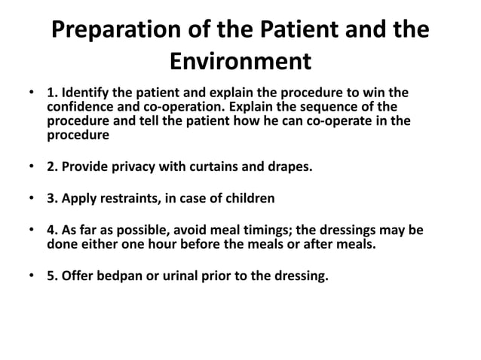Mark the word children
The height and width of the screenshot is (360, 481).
(250, 199)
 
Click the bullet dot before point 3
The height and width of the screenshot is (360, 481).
(31, 200)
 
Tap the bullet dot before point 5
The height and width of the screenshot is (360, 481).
(31, 276)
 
